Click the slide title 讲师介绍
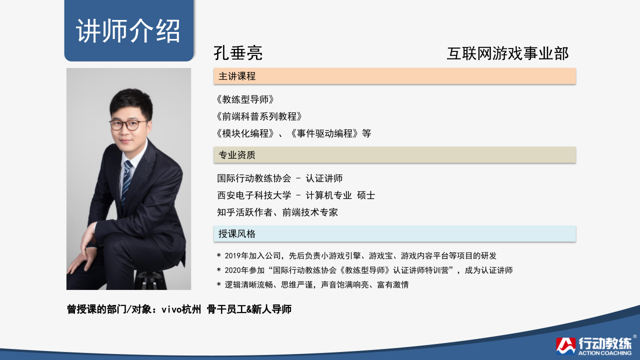[128, 31]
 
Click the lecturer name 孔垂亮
[238, 53]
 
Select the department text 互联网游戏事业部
[507, 53]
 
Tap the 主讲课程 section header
[237, 76]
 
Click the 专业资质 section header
[237, 155]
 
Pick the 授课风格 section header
[237, 234]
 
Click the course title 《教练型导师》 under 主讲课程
[245, 99]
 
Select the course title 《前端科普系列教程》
[259, 116]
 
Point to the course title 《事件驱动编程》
[324, 133]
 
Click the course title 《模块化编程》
[245, 133]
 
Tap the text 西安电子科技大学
[254, 195]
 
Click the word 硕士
[366, 195]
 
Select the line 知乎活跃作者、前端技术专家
[277, 212]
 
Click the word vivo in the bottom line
[171, 309]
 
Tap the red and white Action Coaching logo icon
[565, 346]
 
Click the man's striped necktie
[126, 181]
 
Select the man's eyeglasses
[127, 125]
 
